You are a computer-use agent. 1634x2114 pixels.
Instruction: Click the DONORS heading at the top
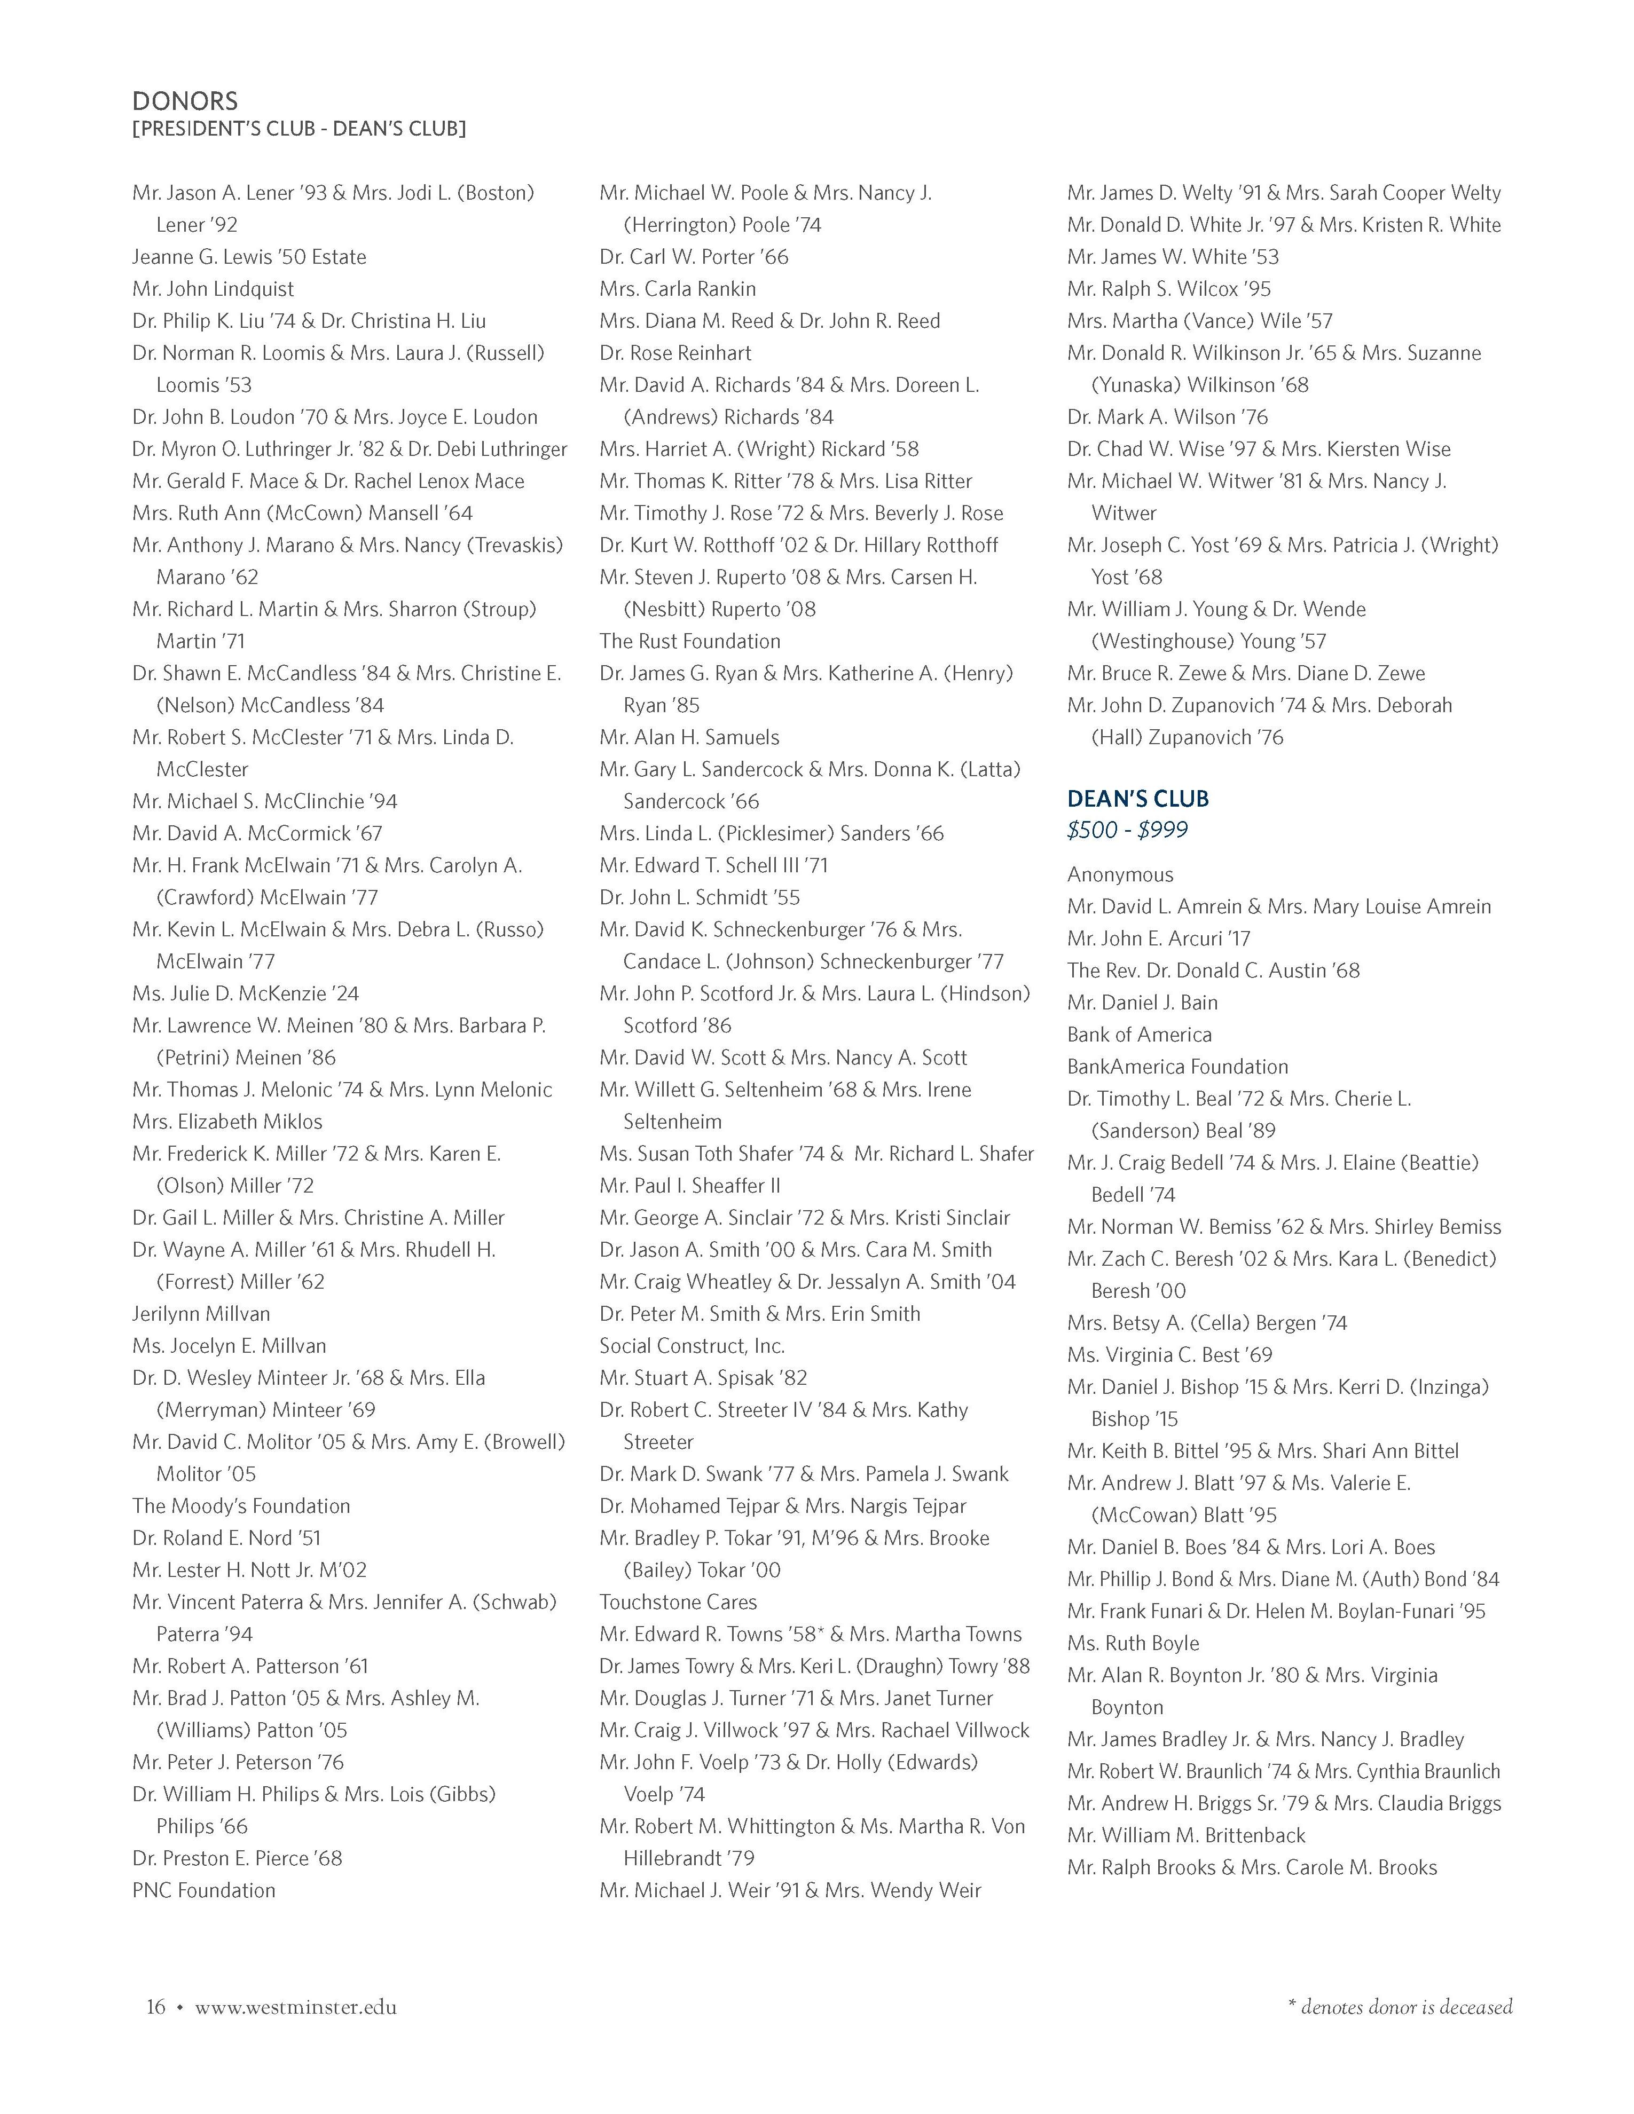point(185,101)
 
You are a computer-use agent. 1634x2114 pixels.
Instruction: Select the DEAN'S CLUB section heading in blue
point(1137,799)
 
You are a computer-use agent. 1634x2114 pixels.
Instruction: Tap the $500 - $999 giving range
point(1127,830)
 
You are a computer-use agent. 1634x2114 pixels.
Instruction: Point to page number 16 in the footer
point(156,2007)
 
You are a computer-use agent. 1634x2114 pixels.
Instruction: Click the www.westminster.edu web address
point(295,2007)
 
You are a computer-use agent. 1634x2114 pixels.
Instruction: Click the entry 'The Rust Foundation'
point(689,641)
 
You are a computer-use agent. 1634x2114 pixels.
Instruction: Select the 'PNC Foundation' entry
point(203,1889)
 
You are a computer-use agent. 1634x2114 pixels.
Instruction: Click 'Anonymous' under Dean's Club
point(1120,874)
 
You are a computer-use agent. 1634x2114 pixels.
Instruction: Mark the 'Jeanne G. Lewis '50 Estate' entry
point(249,256)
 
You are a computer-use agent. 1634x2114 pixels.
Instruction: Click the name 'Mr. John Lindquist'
point(213,288)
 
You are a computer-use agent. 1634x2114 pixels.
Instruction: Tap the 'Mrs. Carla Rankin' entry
point(678,288)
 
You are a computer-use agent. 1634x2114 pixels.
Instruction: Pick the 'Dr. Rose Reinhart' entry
point(675,352)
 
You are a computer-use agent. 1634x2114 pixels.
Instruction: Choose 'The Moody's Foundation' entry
point(241,1505)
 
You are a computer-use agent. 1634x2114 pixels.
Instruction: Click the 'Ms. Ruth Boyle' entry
point(1133,1643)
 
